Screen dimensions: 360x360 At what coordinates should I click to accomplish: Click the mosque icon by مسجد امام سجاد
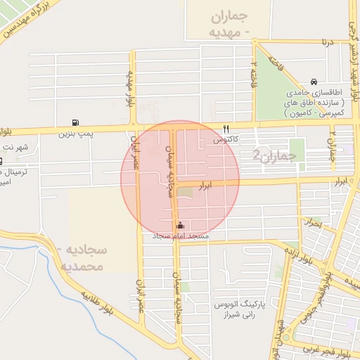coord(181,226)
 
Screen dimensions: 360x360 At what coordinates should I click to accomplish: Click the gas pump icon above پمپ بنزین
coord(75,122)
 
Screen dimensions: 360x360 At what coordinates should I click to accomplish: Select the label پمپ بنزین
coord(75,132)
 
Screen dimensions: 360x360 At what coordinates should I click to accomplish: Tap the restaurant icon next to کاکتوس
coord(226,129)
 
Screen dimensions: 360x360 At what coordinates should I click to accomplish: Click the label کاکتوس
coord(226,139)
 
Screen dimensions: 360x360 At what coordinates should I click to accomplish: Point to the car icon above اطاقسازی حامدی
coord(313,82)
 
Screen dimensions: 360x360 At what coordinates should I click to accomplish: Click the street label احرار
coord(312,224)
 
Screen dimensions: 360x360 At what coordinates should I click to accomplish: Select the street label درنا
coord(326,42)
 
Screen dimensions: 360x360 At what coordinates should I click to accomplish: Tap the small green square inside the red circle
coord(184,191)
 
